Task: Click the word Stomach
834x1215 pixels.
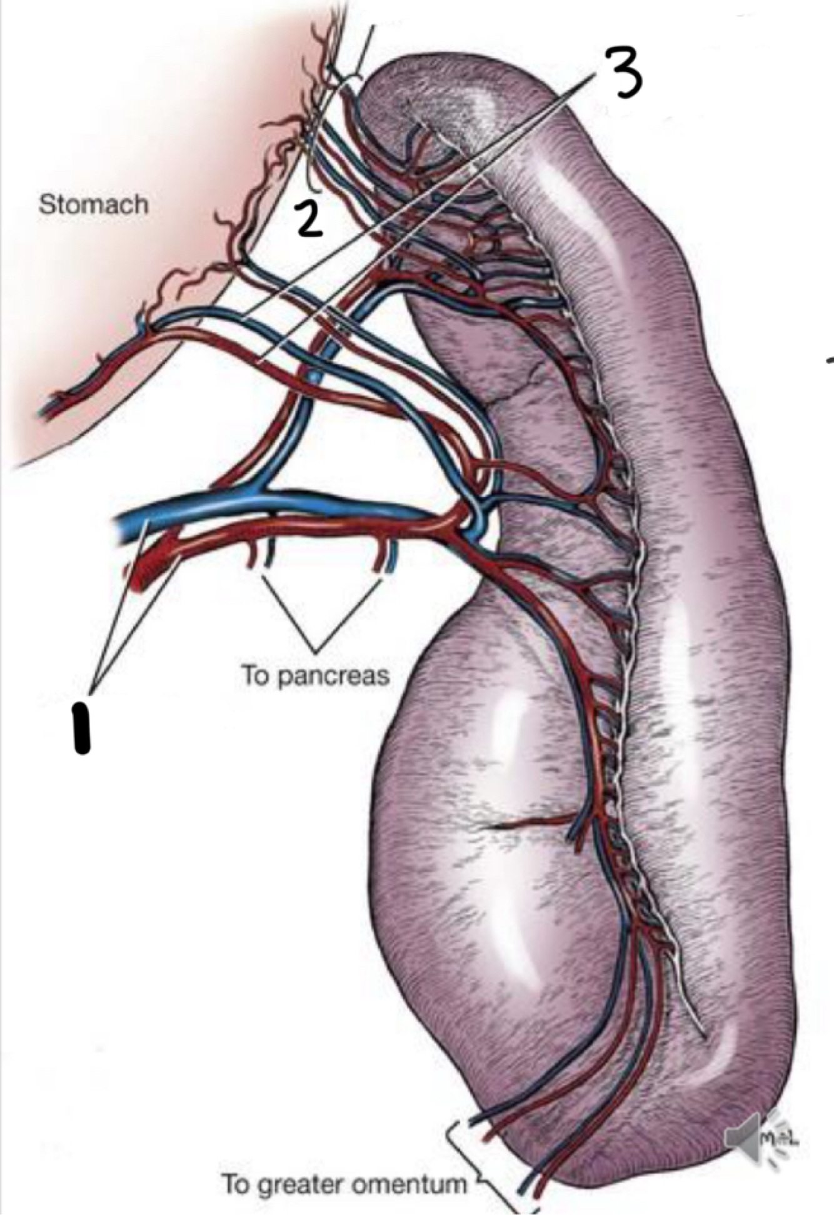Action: [x=94, y=204]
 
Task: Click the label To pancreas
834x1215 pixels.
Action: [x=315, y=675]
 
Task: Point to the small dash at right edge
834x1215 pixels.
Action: [x=830, y=360]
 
